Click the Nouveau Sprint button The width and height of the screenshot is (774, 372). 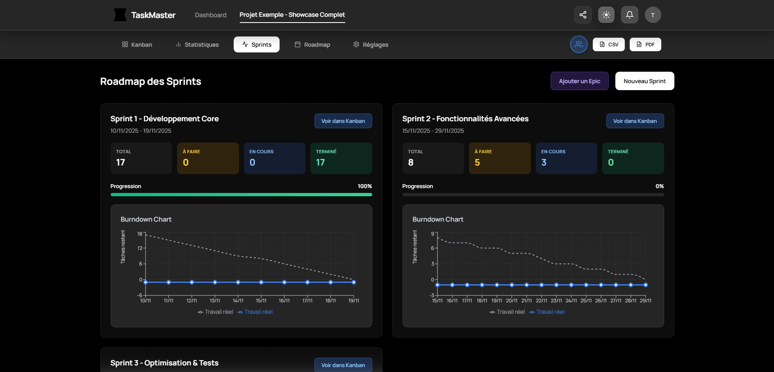[644, 81]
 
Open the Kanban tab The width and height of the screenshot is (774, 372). [137, 45]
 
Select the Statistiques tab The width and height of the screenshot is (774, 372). [197, 45]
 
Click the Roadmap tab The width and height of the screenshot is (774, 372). [312, 45]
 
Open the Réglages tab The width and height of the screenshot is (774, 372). [371, 45]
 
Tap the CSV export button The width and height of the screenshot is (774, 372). [609, 45]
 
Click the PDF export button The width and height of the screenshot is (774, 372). [645, 45]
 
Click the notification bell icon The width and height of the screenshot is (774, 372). [629, 15]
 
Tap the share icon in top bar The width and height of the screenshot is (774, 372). [583, 15]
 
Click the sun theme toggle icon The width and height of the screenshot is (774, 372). [606, 15]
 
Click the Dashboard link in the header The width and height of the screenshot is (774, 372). [211, 15]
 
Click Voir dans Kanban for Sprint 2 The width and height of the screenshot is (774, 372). [635, 121]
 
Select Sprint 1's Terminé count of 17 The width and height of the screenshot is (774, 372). [321, 163]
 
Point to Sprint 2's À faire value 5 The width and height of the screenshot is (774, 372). [477, 163]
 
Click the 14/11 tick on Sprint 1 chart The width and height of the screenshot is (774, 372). [238, 300]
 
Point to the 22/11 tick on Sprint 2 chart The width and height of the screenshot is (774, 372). [541, 300]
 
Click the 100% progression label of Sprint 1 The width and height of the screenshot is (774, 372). [364, 186]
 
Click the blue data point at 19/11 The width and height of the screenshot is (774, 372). [354, 282]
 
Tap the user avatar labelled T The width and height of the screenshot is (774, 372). [653, 15]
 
